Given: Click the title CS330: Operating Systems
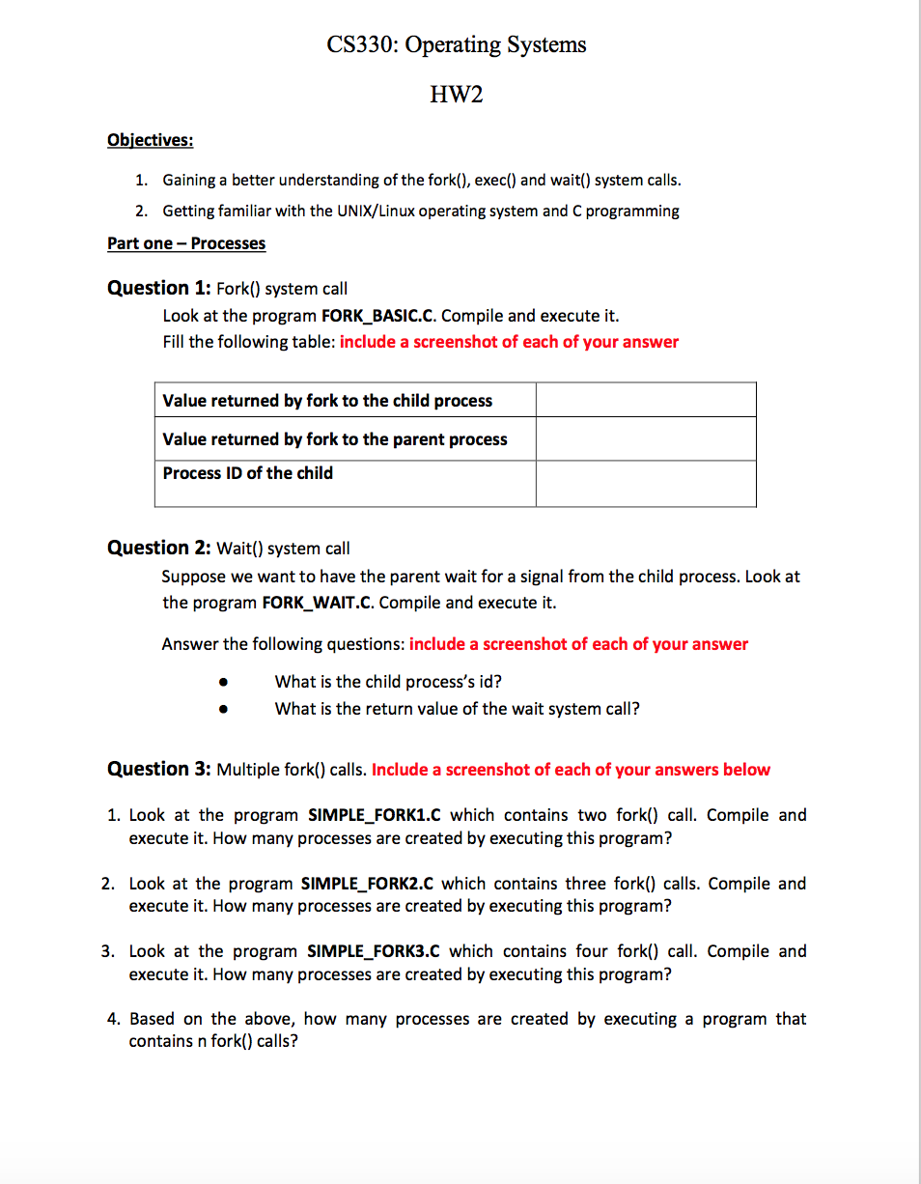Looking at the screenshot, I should [456, 44].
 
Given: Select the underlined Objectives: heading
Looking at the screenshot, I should [150, 140].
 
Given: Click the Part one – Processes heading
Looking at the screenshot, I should [186, 243].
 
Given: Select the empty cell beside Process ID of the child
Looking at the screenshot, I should [645, 483].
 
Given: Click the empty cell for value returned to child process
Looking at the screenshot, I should [645, 400].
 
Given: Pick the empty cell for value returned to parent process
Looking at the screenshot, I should [645, 438].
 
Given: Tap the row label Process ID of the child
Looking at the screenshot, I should [248, 473].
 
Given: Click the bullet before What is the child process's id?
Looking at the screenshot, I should [223, 682].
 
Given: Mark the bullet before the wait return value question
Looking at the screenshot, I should [223, 709].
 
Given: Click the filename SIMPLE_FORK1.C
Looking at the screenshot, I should [375, 815].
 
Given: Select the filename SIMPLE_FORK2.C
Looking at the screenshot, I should [369, 884].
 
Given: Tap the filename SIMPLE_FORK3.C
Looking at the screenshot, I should [374, 951].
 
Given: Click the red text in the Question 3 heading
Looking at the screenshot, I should [571, 770].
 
